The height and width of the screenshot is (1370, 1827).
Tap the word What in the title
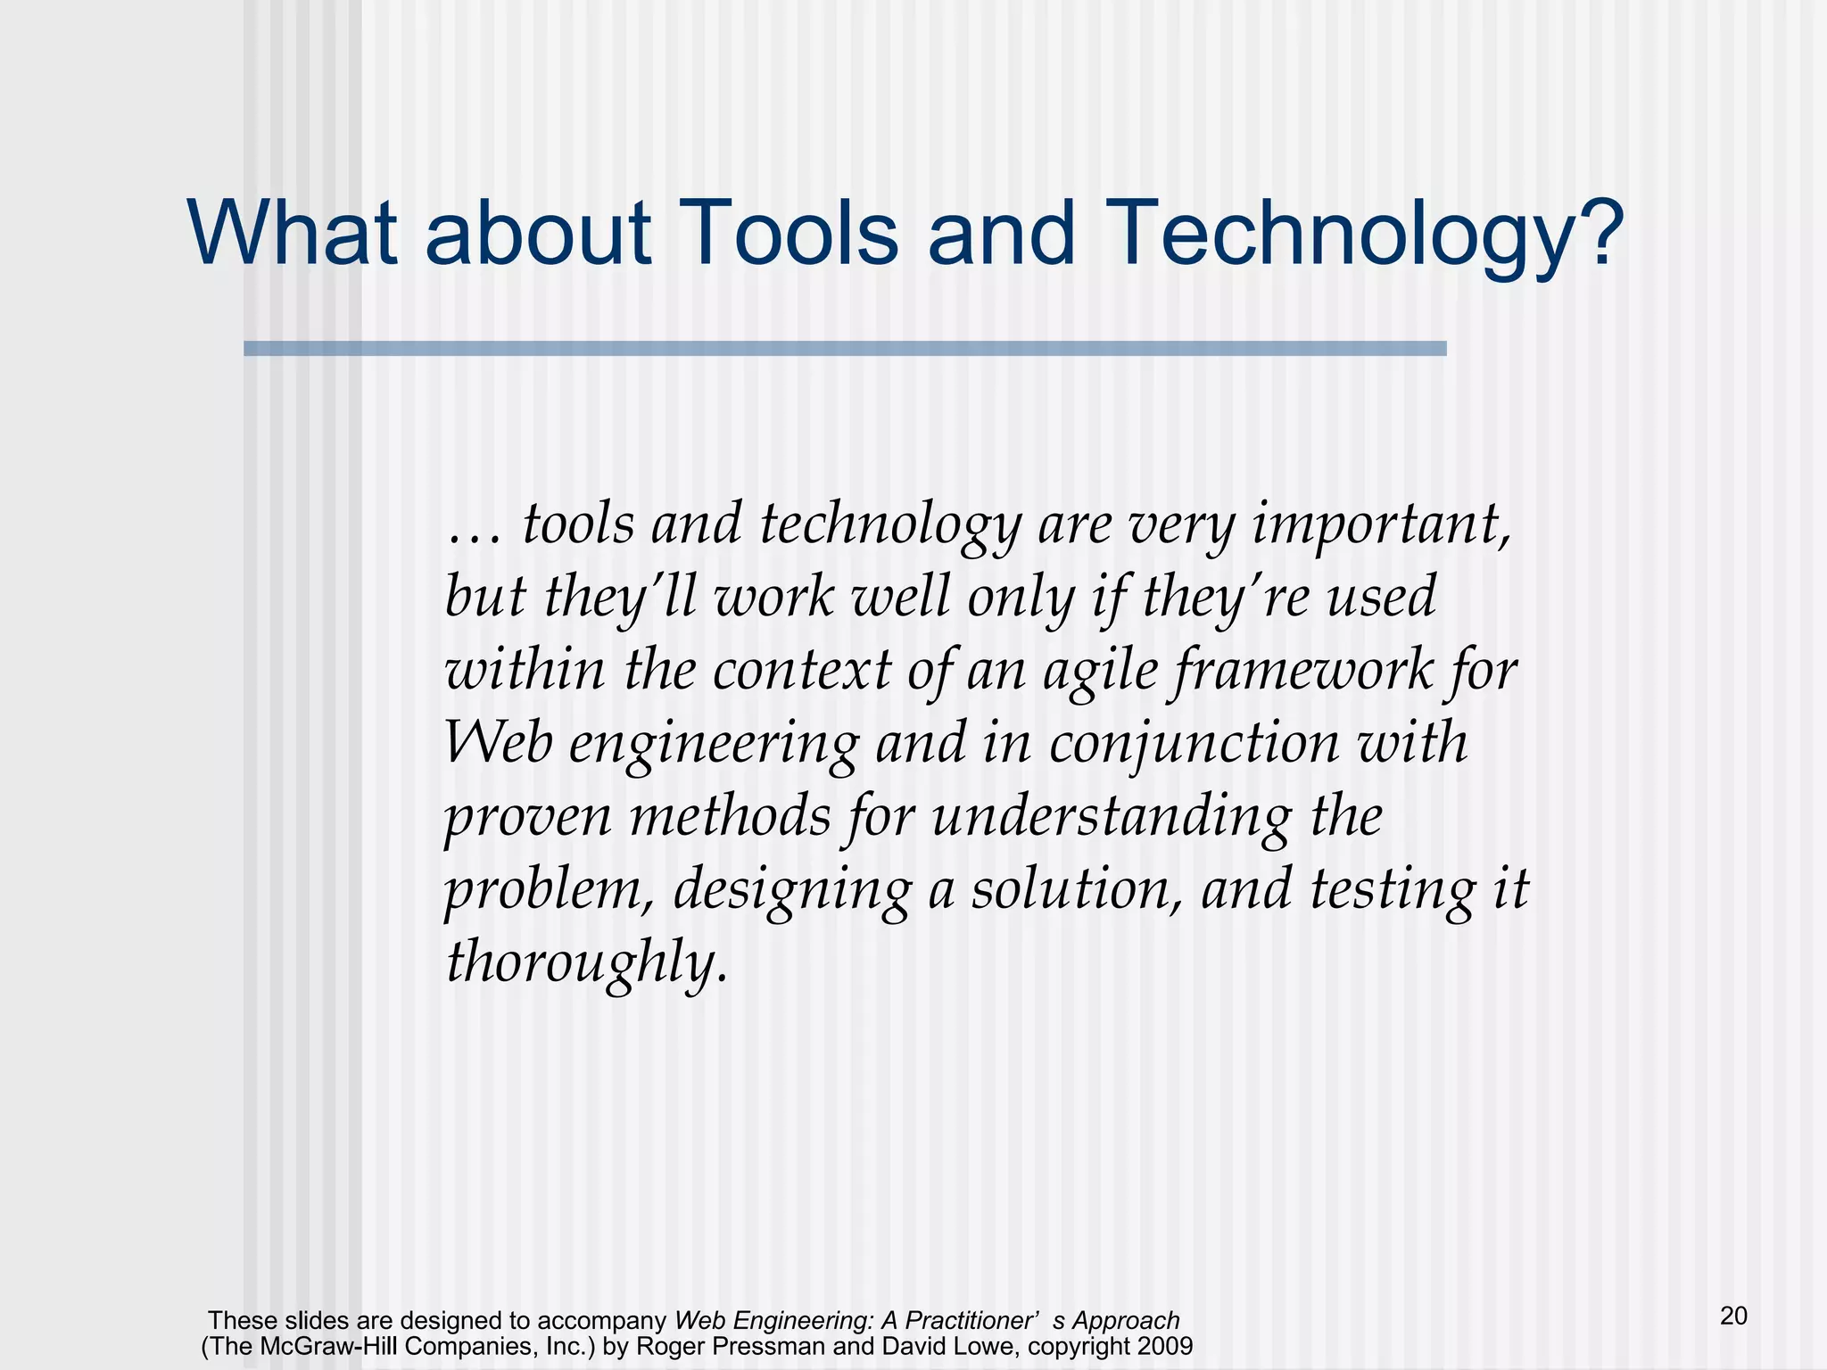(x=293, y=232)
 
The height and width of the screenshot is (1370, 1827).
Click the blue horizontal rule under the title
(x=844, y=349)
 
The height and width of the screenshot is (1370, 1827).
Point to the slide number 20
(x=1733, y=1316)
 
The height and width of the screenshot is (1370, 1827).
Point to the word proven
(x=527, y=817)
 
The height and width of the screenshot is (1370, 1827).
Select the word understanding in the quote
(x=1111, y=817)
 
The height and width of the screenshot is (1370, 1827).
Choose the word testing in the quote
(x=1392, y=889)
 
